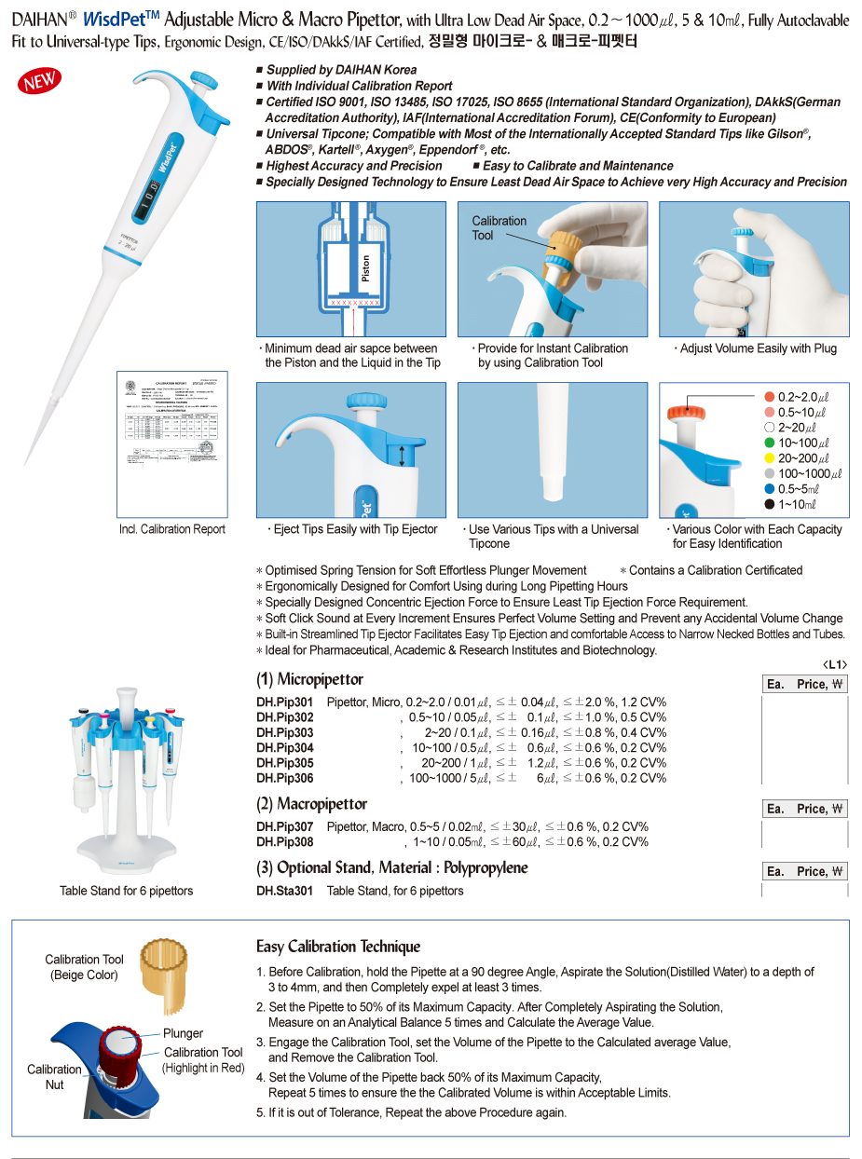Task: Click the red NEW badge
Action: (x=40, y=82)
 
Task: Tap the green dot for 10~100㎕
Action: (x=769, y=443)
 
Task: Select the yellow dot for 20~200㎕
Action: (x=769, y=458)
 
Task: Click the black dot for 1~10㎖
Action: (x=769, y=505)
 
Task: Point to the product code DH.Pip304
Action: (x=285, y=748)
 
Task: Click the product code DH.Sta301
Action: (x=285, y=891)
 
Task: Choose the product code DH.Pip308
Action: (x=285, y=842)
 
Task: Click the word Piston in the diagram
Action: (x=366, y=271)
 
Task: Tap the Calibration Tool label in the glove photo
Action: (x=499, y=228)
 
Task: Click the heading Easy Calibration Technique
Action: (x=338, y=947)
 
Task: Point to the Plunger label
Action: (x=183, y=1033)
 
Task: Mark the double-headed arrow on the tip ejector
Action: (x=403, y=456)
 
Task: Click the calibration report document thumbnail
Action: (x=172, y=444)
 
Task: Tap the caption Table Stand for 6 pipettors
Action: (x=127, y=891)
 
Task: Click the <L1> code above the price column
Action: (x=835, y=664)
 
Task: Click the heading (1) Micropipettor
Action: (x=309, y=679)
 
